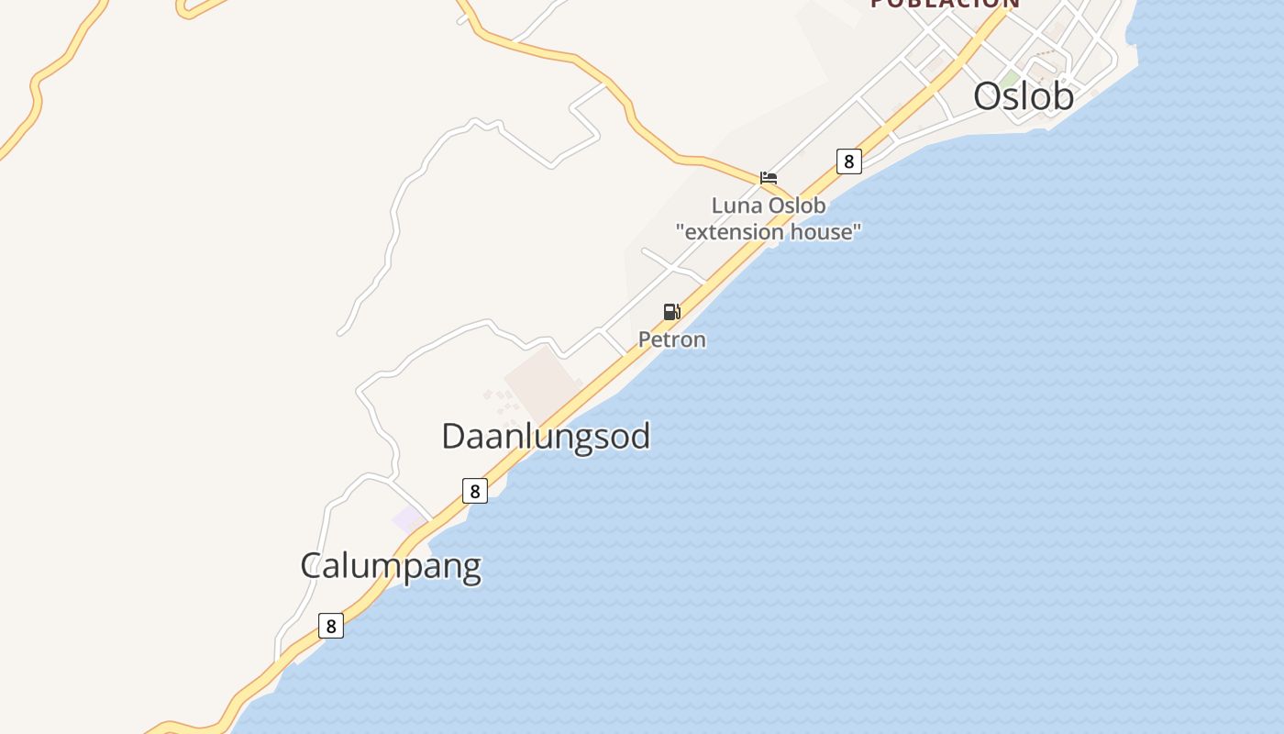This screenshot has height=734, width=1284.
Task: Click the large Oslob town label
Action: [1023, 96]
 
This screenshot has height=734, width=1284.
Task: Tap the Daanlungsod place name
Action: [546, 436]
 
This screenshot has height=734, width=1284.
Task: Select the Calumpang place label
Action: [391, 565]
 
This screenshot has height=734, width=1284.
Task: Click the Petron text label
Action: [672, 339]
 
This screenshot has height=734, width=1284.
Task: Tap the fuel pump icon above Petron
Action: [672, 312]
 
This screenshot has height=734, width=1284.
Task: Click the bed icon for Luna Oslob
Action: [769, 178]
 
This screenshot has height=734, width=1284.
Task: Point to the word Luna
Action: [737, 206]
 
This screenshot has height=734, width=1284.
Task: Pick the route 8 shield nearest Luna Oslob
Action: [849, 161]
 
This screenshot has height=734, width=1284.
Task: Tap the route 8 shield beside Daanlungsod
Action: [474, 491]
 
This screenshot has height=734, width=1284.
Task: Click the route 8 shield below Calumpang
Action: [330, 626]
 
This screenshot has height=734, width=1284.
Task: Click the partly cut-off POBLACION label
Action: [945, 4]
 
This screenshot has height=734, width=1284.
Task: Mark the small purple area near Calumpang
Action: [408, 519]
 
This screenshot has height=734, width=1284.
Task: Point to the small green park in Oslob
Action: [1010, 79]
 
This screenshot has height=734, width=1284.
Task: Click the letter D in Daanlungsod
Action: [453, 436]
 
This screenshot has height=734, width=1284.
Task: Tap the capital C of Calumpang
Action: [312, 565]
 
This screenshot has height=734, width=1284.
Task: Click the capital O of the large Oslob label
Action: [988, 96]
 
